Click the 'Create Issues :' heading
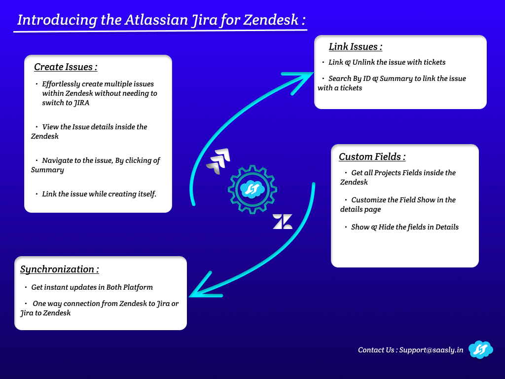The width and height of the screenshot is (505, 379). click(66, 67)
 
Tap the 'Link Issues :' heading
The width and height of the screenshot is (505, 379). click(356, 47)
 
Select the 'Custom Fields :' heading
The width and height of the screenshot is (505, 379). click(372, 157)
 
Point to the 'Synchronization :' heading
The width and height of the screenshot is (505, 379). click(60, 269)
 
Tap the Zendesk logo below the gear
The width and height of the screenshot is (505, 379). click(283, 222)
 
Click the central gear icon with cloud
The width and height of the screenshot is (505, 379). click(252, 189)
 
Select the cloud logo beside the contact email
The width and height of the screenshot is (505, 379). click(480, 349)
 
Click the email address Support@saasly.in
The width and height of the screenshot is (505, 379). click(431, 350)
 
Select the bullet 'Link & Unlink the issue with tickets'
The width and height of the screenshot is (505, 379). click(387, 63)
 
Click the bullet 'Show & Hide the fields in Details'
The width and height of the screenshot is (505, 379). click(404, 227)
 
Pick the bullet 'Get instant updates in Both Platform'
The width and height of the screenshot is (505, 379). click(92, 287)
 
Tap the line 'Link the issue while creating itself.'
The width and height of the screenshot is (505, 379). click(99, 194)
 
